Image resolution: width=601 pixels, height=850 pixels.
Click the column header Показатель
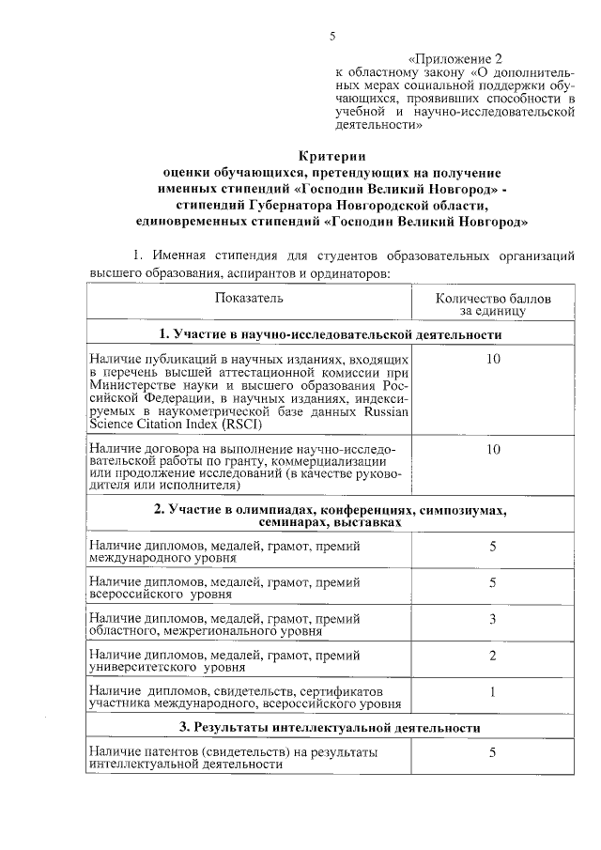[248, 298]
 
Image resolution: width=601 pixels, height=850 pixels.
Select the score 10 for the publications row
[493, 361]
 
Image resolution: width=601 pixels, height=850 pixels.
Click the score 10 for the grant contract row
[493, 450]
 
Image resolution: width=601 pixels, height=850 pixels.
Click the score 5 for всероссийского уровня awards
[493, 583]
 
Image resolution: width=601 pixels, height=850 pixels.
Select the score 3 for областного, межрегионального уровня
[493, 619]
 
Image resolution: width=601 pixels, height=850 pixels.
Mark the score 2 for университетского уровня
[493, 655]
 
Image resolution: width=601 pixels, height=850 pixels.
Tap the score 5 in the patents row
[493, 752]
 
